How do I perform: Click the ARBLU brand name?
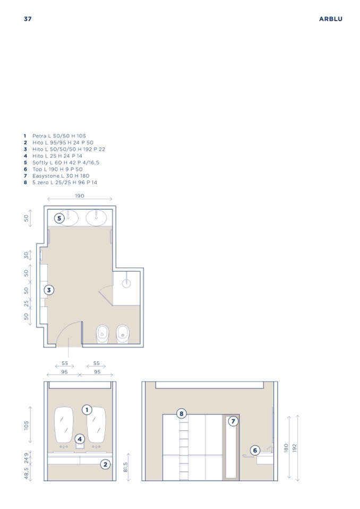click(330, 19)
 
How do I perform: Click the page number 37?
click(28, 19)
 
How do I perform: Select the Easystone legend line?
click(56, 176)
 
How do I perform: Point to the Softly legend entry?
click(62, 162)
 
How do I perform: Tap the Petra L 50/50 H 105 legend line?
click(55, 136)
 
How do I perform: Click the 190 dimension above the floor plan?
click(80, 196)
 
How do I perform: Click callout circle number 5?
click(59, 218)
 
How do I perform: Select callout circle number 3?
click(49, 290)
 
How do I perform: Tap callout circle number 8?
click(182, 413)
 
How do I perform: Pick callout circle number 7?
click(233, 421)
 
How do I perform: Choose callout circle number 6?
click(255, 450)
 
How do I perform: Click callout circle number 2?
click(105, 464)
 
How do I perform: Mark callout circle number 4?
click(80, 439)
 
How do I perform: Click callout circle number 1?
click(87, 410)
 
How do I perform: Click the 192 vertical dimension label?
click(295, 448)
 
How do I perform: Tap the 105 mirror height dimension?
click(27, 425)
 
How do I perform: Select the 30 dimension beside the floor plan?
click(27, 255)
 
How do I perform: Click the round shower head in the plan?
click(126, 283)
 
